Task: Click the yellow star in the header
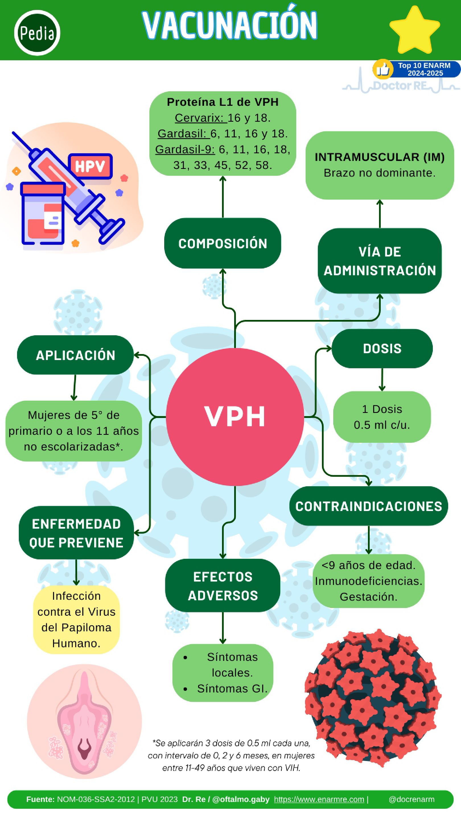click(414, 30)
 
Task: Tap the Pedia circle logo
click(37, 33)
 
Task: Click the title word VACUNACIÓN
click(229, 25)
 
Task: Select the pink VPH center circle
click(235, 417)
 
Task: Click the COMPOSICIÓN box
click(222, 243)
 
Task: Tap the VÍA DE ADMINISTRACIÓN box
click(379, 261)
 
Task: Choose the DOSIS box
click(382, 348)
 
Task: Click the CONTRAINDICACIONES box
click(369, 506)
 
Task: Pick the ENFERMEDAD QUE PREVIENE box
click(76, 533)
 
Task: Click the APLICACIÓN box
click(75, 355)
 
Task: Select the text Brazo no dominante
click(379, 173)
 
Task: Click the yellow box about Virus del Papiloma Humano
click(76, 619)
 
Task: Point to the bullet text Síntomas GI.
click(232, 688)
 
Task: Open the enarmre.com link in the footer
click(319, 799)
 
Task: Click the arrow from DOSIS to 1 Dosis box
click(382, 380)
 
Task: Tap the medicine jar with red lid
click(43, 213)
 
